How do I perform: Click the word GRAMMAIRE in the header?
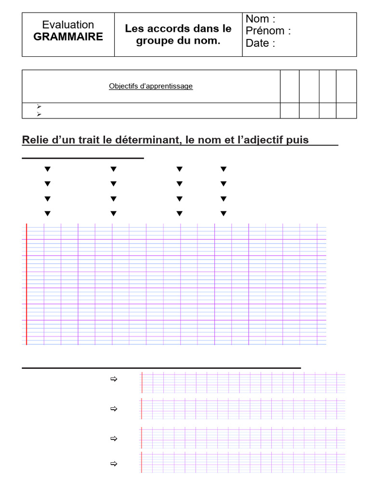coord(68,37)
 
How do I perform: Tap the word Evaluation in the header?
coord(68,25)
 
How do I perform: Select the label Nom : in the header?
coord(260,19)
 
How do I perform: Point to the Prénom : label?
coord(268,31)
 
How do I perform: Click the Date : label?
coord(260,43)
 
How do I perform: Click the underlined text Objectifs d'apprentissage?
coord(151,86)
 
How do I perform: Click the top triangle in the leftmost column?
coord(47,169)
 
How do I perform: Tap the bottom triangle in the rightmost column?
coord(223,213)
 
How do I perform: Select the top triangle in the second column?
coord(113,169)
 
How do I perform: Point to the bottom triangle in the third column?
coord(179,213)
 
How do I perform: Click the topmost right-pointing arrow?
coord(114,379)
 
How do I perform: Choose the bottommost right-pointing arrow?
coord(114,464)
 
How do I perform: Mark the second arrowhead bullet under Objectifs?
coord(39,114)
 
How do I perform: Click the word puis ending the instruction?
coord(298,140)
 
